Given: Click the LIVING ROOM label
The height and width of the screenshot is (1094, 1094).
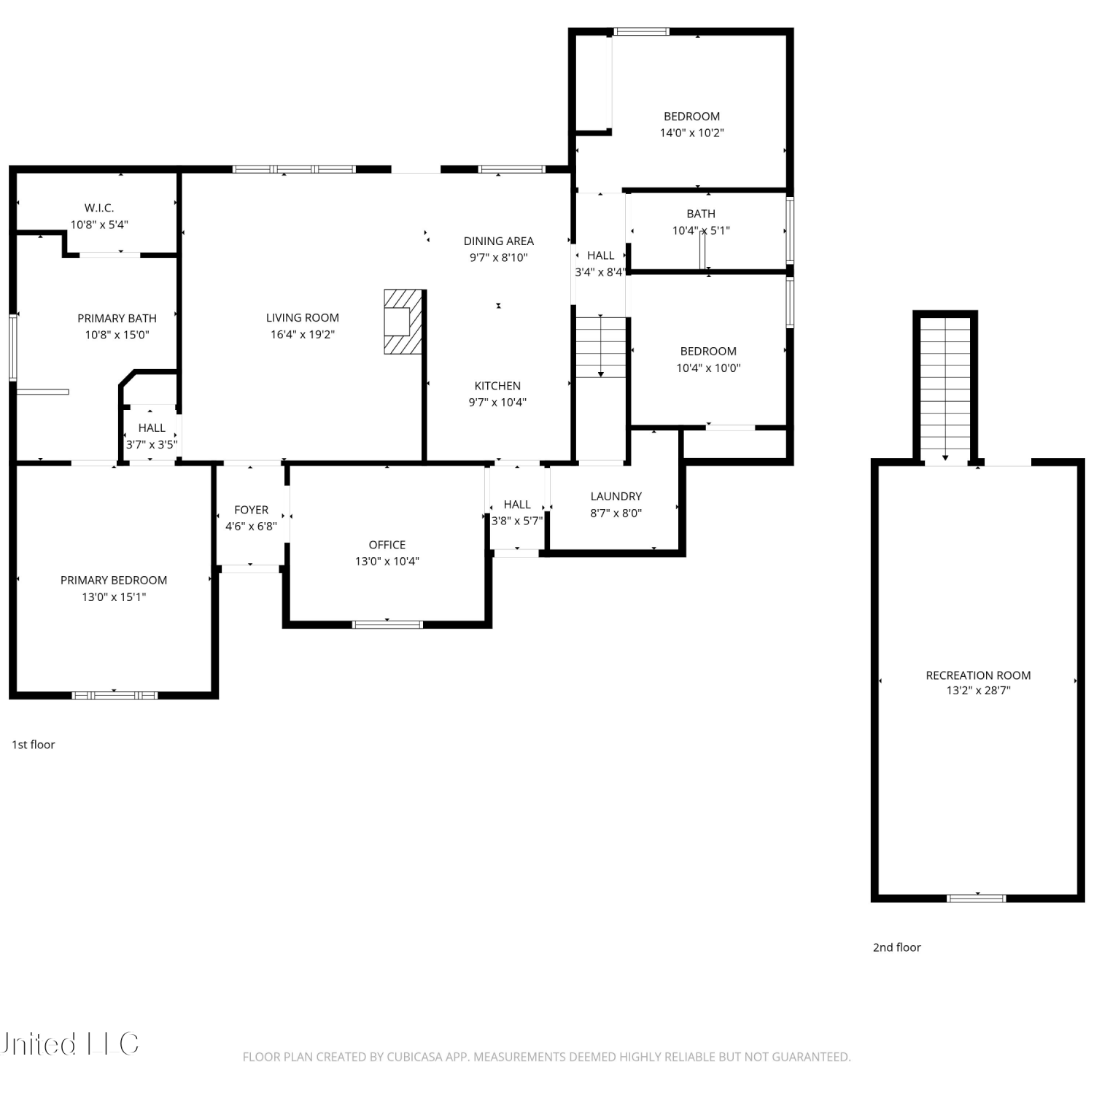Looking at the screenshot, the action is pyautogui.click(x=303, y=318).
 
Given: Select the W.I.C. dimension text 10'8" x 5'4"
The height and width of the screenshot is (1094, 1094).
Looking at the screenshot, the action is pyautogui.click(x=99, y=225).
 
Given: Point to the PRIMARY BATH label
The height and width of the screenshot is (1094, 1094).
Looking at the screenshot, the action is pyautogui.click(x=117, y=319).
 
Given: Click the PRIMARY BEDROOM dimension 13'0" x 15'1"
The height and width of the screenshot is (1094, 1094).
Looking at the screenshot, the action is pyautogui.click(x=114, y=597).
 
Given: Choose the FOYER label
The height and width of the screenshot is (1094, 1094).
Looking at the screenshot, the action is pyautogui.click(x=252, y=510).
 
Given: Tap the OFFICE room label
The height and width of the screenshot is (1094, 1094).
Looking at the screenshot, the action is pyautogui.click(x=387, y=545).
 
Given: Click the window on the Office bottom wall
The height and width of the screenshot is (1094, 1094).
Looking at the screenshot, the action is pyautogui.click(x=387, y=624).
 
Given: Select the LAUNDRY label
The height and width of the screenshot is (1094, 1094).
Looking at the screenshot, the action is pyautogui.click(x=616, y=497).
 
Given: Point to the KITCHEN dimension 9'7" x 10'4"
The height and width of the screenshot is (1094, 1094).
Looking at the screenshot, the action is pyautogui.click(x=497, y=403).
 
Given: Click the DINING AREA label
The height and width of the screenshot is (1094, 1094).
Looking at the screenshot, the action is pyautogui.click(x=499, y=241).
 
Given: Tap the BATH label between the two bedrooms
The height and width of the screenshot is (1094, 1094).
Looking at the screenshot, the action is pyautogui.click(x=701, y=214).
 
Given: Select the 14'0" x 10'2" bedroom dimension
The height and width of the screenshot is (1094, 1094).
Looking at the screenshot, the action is pyautogui.click(x=692, y=133).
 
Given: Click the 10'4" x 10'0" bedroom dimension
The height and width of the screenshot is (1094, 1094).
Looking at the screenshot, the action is pyautogui.click(x=708, y=368).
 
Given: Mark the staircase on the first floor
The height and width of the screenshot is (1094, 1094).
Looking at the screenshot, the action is pyautogui.click(x=601, y=347).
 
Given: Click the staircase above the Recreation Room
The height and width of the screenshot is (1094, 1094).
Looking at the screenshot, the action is pyautogui.click(x=945, y=389).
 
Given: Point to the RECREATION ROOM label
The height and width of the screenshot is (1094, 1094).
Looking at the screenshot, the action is pyautogui.click(x=979, y=675).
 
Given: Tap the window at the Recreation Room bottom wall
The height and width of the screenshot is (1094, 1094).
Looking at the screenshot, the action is pyautogui.click(x=977, y=899).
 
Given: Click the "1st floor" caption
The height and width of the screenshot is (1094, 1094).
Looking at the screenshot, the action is pyautogui.click(x=34, y=745).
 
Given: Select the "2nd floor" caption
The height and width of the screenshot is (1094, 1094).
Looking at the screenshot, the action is pyautogui.click(x=897, y=947).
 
